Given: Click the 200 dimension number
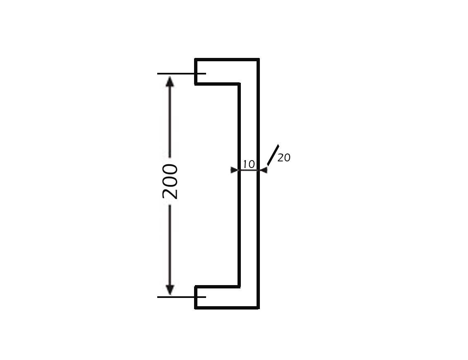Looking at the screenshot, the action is click(x=170, y=181).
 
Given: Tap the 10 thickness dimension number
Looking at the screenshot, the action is click(x=249, y=164).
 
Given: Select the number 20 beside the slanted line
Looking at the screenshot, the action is click(x=284, y=158).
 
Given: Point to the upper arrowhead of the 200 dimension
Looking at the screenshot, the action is click(x=170, y=81).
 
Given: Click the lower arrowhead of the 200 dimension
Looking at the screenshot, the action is click(x=170, y=290).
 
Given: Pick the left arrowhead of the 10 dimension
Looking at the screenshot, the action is click(x=235, y=170).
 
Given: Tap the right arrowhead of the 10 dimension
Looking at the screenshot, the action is click(x=264, y=170).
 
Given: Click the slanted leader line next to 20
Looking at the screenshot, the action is click(x=273, y=155).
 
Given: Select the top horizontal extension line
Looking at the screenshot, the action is click(x=182, y=73).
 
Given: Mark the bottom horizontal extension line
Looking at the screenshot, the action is click(x=182, y=297).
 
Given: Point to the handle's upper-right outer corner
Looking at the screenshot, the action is click(x=259, y=59).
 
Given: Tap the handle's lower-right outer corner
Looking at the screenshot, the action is click(x=259, y=308).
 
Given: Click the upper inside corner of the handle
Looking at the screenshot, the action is click(x=239, y=84).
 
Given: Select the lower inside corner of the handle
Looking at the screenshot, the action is click(x=239, y=287).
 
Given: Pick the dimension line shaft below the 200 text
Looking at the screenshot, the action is click(x=170, y=245).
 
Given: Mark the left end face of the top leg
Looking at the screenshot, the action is click(x=195, y=72).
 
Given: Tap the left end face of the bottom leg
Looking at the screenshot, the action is click(x=195, y=298).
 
